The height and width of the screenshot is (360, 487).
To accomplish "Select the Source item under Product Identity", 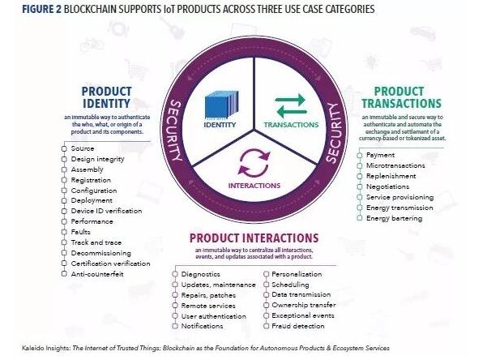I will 83,148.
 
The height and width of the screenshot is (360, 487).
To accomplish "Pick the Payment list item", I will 381,154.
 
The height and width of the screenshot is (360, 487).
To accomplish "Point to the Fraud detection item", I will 299,326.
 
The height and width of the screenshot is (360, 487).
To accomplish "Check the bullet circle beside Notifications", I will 175,326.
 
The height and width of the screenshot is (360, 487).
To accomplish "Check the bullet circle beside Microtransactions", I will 359,165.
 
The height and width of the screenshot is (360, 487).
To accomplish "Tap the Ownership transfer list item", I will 304,305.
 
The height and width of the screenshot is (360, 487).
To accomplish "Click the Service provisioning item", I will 399,197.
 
